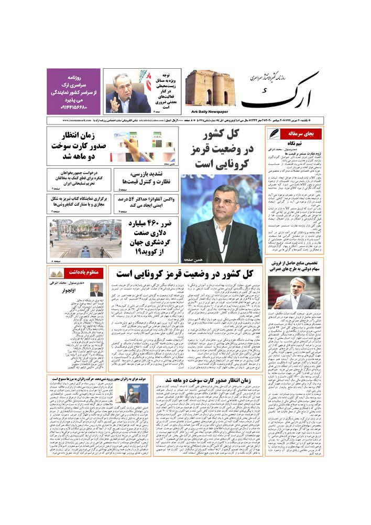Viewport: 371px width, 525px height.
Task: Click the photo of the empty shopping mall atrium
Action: [79, 238]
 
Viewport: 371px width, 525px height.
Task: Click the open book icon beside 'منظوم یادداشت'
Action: [57, 273]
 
